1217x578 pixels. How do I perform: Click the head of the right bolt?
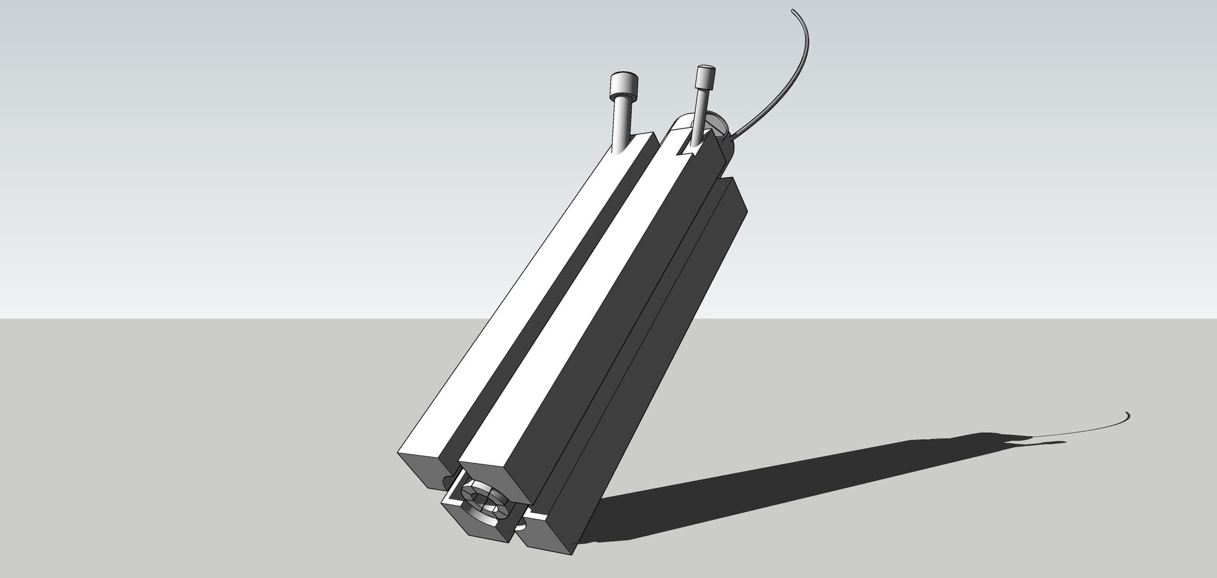pos(704,76)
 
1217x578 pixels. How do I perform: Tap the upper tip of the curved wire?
pos(792,11)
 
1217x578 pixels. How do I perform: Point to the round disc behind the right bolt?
pos(713,122)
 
